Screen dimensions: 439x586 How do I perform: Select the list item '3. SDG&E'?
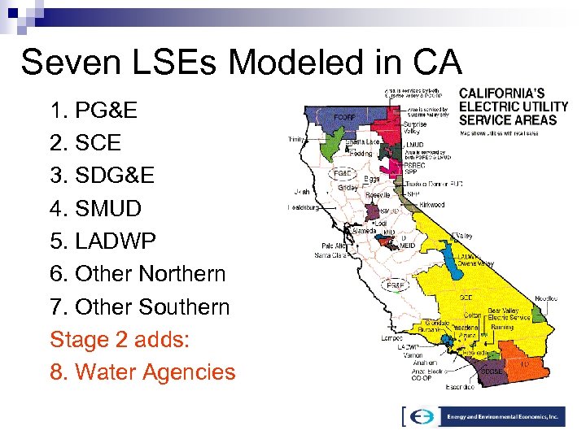coord(103,176)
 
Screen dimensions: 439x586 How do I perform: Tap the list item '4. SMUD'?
coord(95,209)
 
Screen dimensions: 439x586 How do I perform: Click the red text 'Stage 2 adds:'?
coord(120,339)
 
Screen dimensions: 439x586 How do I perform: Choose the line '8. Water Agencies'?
coord(142,372)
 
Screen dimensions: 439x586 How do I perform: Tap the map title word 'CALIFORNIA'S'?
coord(502,93)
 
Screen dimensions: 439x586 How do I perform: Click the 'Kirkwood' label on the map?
coord(431,205)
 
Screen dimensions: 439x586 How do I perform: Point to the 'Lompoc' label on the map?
coord(391,338)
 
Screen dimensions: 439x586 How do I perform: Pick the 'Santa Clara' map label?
coord(333,255)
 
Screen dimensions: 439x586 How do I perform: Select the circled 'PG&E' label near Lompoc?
coord(395,285)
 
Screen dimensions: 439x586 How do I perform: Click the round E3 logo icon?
coord(422,415)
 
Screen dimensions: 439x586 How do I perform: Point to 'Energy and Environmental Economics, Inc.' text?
coord(503,415)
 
